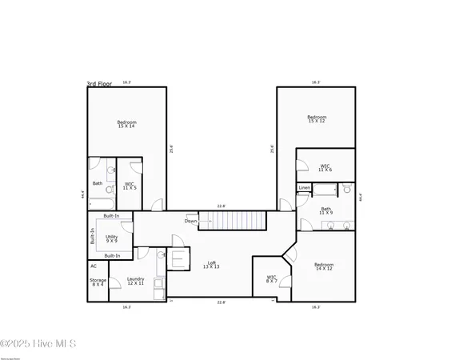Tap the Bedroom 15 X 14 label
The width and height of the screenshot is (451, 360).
[127, 124]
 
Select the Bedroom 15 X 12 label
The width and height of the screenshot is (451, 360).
[317, 119]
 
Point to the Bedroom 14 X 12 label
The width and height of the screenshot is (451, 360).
[323, 266]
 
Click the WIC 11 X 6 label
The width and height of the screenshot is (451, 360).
[325, 168]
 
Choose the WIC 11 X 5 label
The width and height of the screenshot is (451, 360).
[130, 186]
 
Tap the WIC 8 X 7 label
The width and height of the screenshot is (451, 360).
[272, 279]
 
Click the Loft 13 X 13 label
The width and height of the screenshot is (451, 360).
[211, 265]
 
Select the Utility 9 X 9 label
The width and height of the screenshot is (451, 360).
[112, 238]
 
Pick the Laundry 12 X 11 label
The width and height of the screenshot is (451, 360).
[135, 281]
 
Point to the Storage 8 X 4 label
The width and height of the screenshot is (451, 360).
[98, 282]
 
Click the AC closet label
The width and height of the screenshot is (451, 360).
[94, 266]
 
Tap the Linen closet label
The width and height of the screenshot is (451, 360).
[304, 188]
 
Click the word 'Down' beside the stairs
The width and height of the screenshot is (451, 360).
[190, 221]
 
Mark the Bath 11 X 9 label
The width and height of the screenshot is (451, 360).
[325, 211]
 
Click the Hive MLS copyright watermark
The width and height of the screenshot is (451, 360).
[38, 344]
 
